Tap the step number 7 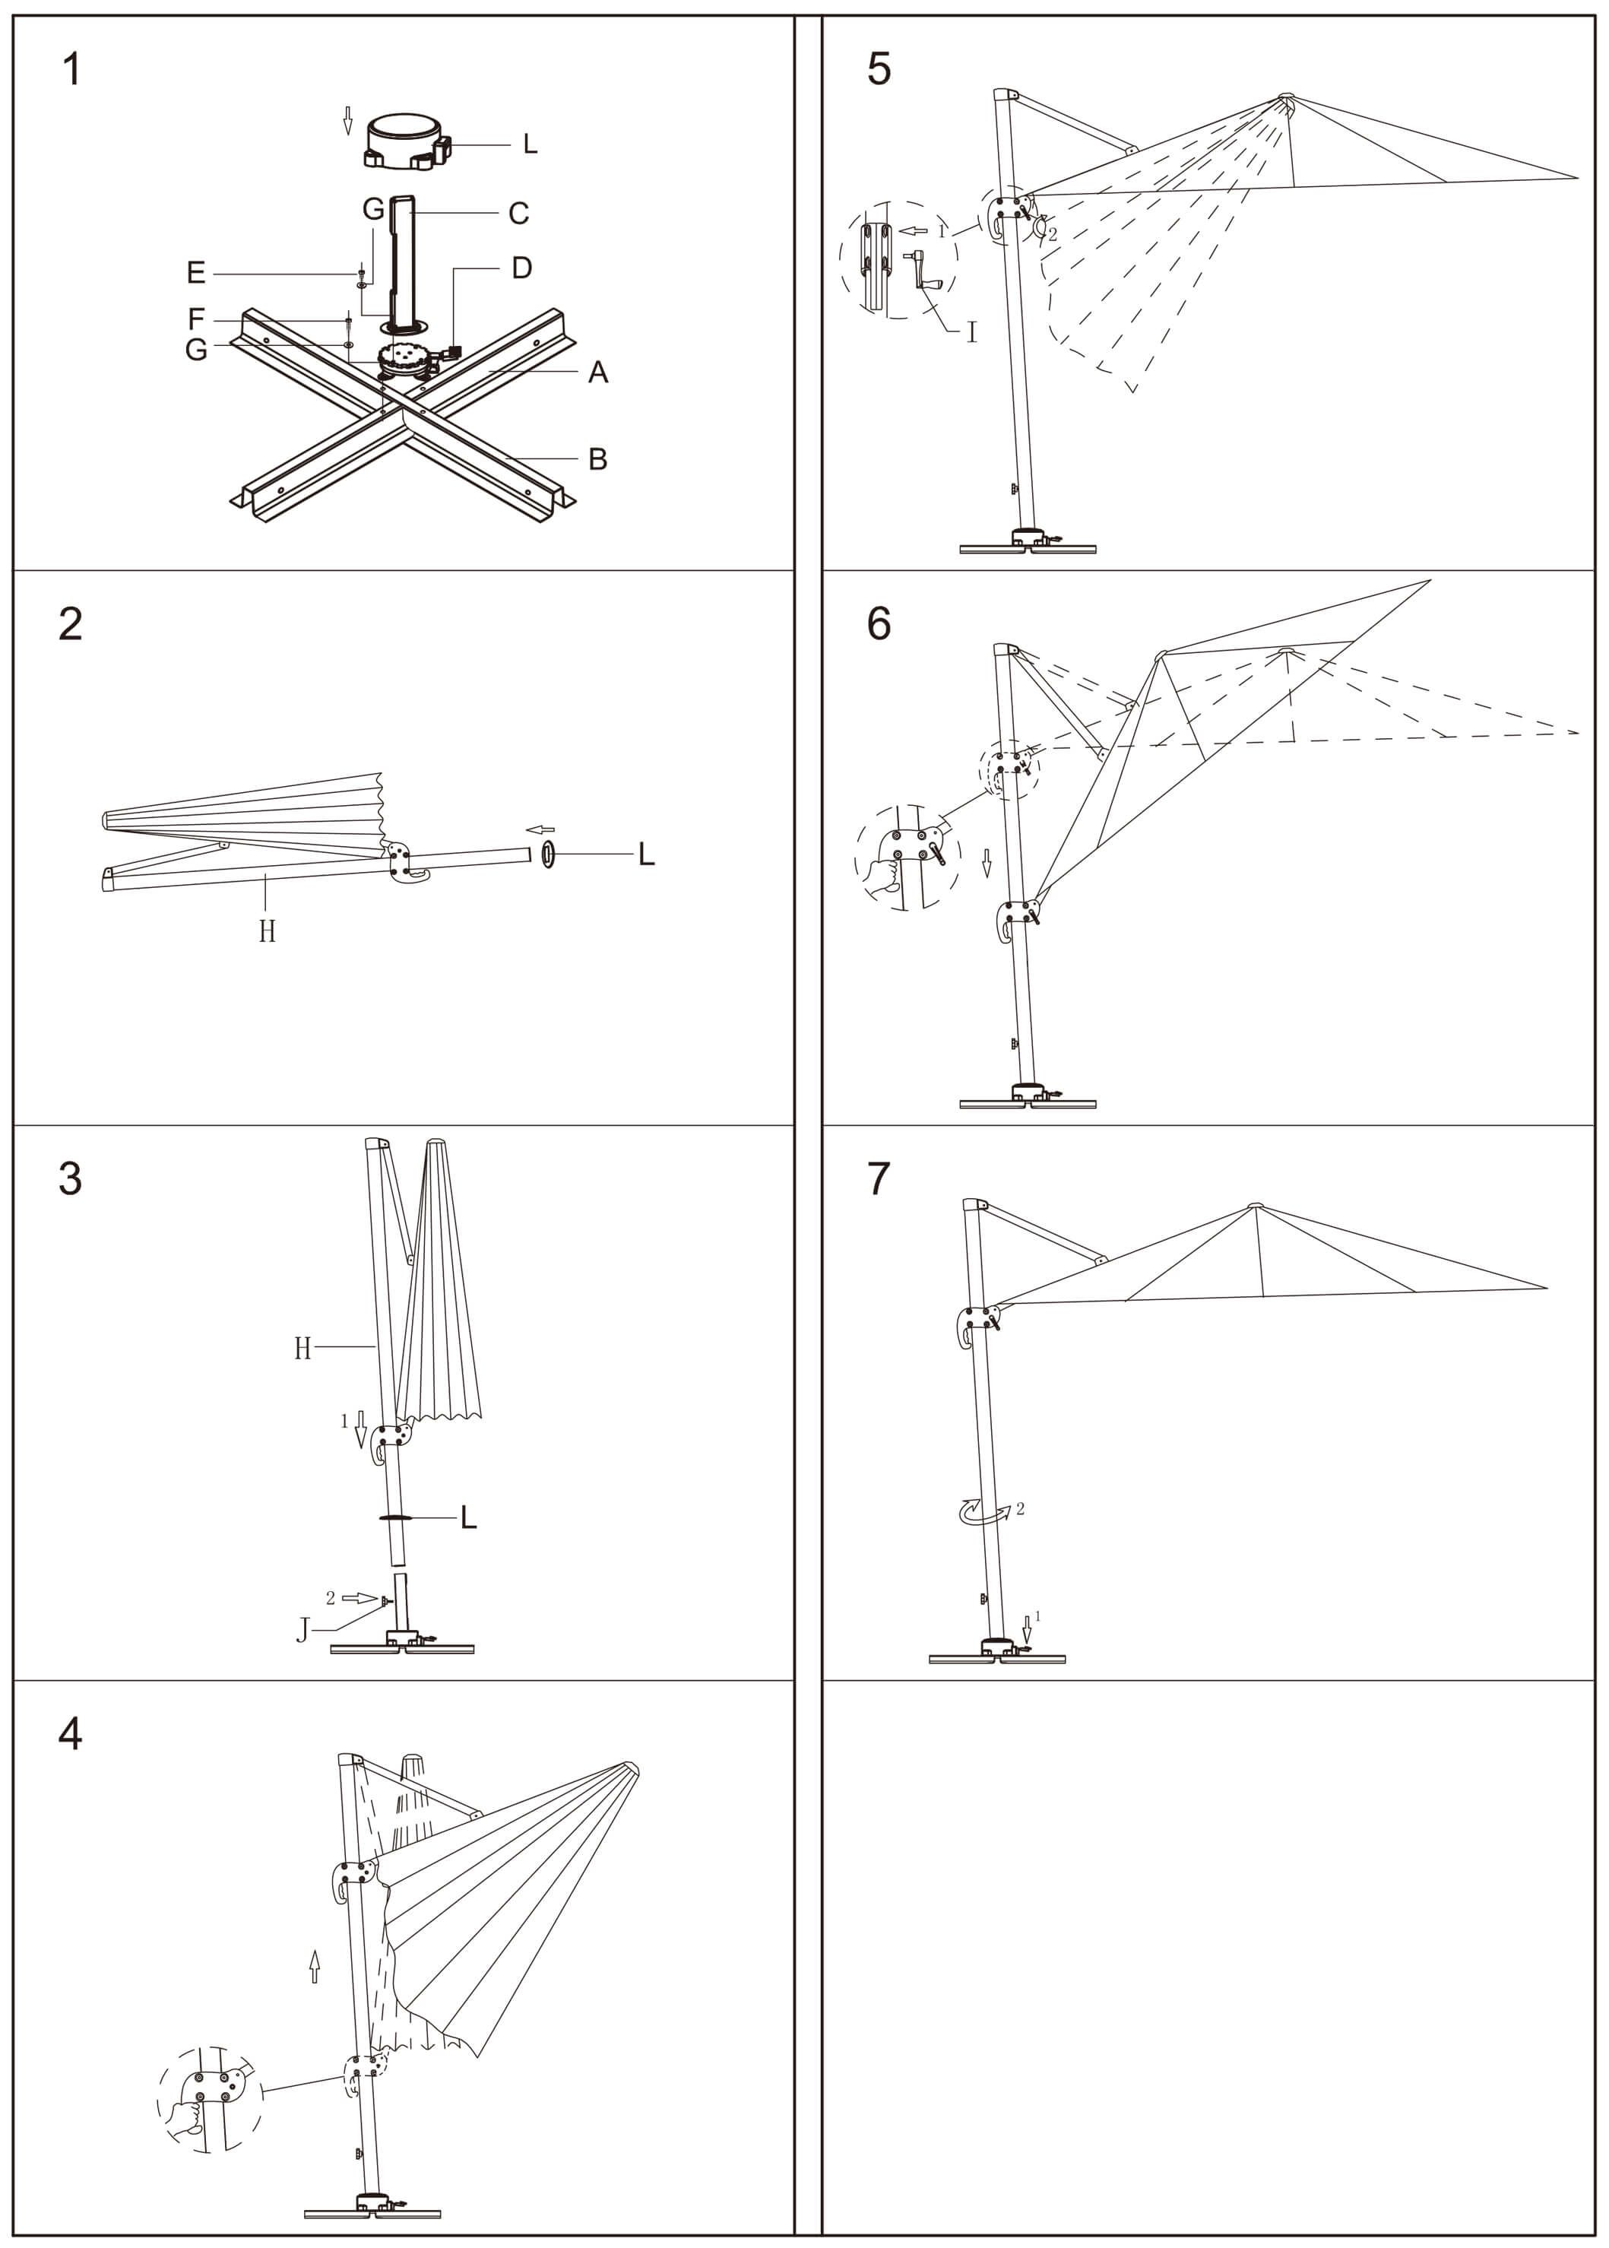pyautogui.click(x=879, y=1179)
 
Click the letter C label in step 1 pyautogui.click(x=518, y=213)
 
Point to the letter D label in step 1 pyautogui.click(x=521, y=268)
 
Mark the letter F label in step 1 pyautogui.click(x=196, y=319)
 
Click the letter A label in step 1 pyautogui.click(x=597, y=373)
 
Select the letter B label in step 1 pyautogui.click(x=597, y=458)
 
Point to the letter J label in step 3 pyautogui.click(x=303, y=1630)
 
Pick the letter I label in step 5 pyautogui.click(x=971, y=332)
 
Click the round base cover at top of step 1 pyautogui.click(x=406, y=141)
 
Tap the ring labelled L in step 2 pyautogui.click(x=548, y=853)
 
